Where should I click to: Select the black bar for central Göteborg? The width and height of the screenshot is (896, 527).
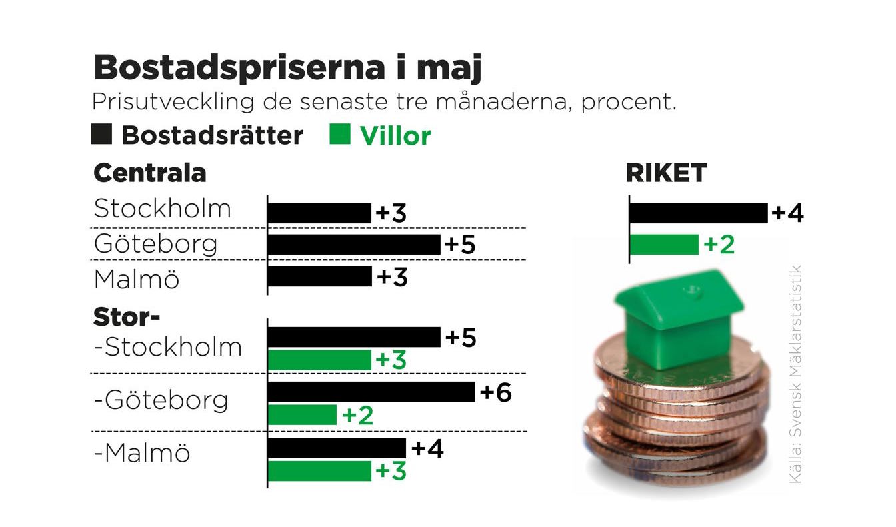(353, 245)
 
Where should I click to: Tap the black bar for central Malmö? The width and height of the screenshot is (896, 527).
(319, 276)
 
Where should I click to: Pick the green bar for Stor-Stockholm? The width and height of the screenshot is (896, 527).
(319, 360)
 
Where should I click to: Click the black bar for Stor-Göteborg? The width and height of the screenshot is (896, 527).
(371, 392)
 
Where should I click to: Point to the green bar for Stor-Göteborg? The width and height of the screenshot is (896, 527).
(302, 415)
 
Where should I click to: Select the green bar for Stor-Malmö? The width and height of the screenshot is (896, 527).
(319, 470)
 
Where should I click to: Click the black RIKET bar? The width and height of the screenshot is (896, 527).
(698, 213)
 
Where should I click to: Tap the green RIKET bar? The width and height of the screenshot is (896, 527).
(664, 245)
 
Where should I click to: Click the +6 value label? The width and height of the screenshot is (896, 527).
(495, 393)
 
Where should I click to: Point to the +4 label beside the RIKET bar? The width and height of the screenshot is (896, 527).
(787, 214)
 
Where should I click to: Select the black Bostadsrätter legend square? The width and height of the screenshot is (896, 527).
(101, 135)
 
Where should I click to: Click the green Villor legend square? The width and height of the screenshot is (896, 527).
(340, 135)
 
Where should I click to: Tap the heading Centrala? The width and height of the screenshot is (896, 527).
(150, 173)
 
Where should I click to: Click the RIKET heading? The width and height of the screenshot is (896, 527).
(666, 173)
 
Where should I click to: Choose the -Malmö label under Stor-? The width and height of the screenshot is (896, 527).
(142, 454)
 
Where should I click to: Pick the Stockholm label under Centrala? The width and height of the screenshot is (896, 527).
(162, 209)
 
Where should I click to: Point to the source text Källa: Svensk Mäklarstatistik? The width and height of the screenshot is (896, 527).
(795, 374)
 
